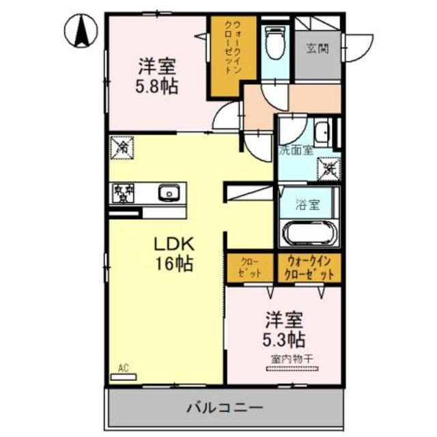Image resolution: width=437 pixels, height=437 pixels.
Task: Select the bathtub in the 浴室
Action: [x=307, y=234]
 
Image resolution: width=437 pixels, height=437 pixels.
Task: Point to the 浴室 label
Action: [x=305, y=203]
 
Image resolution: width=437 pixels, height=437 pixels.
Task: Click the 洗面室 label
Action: [x=296, y=151]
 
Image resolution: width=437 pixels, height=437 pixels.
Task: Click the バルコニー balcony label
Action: [x=223, y=408]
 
